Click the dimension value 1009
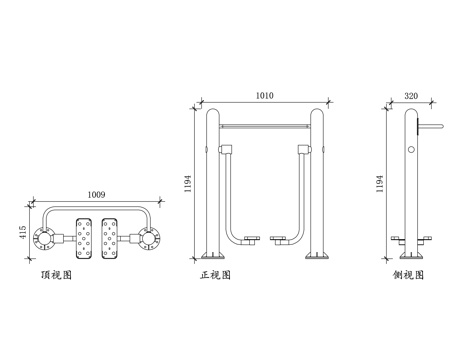[x=97, y=194]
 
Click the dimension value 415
[x=22, y=232]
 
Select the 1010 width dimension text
[x=264, y=96]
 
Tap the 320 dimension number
[x=410, y=96]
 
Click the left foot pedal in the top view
[x=84, y=240]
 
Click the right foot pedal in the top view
[x=112, y=240]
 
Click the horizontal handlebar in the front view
[x=265, y=127]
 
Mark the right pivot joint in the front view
[x=304, y=151]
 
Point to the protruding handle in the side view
[x=428, y=127]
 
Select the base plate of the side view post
[x=410, y=257]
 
